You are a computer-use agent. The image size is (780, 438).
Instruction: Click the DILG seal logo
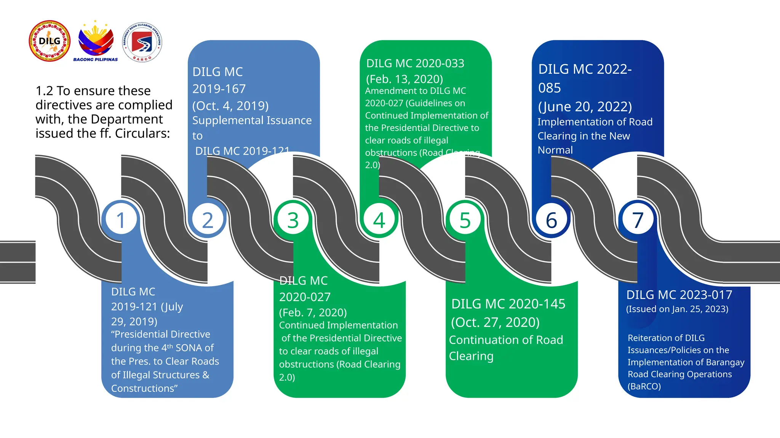50,41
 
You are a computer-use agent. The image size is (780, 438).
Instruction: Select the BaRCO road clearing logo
142,42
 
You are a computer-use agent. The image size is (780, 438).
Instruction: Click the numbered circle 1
121,220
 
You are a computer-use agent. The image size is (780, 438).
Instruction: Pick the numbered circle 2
207,220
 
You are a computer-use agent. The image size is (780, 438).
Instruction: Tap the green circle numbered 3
293,220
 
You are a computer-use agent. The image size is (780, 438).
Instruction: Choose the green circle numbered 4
379,220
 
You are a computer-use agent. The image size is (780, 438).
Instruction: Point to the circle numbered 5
465,220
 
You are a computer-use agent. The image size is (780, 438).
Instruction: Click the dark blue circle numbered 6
551,220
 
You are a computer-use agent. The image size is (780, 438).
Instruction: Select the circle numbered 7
638,220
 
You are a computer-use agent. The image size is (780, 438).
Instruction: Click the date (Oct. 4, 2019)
230,106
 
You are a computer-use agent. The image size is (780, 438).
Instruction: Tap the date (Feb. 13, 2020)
404,79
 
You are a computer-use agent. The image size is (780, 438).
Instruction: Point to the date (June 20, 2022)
585,107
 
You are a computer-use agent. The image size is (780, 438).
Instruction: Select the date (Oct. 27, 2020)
495,322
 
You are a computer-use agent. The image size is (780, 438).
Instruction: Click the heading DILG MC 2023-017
679,295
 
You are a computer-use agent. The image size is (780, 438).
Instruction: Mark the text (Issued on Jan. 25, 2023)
677,309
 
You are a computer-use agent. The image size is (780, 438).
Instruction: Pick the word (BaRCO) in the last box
644,386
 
